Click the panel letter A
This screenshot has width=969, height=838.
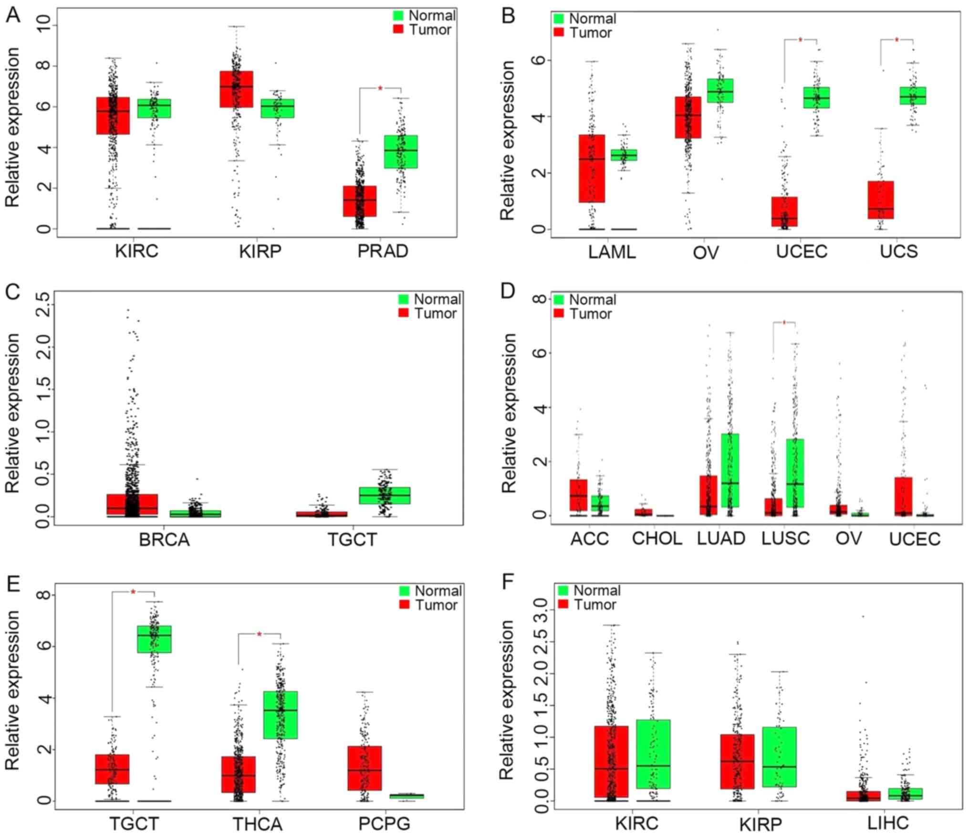click(x=13, y=15)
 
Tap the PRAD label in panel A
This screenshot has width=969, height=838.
click(x=383, y=252)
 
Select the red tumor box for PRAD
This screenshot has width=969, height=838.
click(x=360, y=201)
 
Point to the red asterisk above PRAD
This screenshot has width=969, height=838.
click(x=380, y=88)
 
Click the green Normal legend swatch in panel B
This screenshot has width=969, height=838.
click(x=558, y=19)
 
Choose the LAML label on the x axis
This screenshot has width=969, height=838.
click(x=612, y=252)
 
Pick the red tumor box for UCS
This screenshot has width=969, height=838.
click(x=881, y=200)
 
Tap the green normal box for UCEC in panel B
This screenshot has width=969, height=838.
click(x=816, y=98)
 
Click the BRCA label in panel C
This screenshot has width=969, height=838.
click(x=164, y=540)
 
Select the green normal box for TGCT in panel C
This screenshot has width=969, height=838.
click(x=385, y=496)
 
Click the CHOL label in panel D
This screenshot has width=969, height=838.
click(x=656, y=539)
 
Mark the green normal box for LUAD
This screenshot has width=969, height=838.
click(x=730, y=470)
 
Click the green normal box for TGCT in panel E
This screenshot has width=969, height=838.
click(x=154, y=639)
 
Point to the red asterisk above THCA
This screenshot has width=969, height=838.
click(x=259, y=634)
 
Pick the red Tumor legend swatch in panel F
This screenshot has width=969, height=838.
click(x=563, y=605)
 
